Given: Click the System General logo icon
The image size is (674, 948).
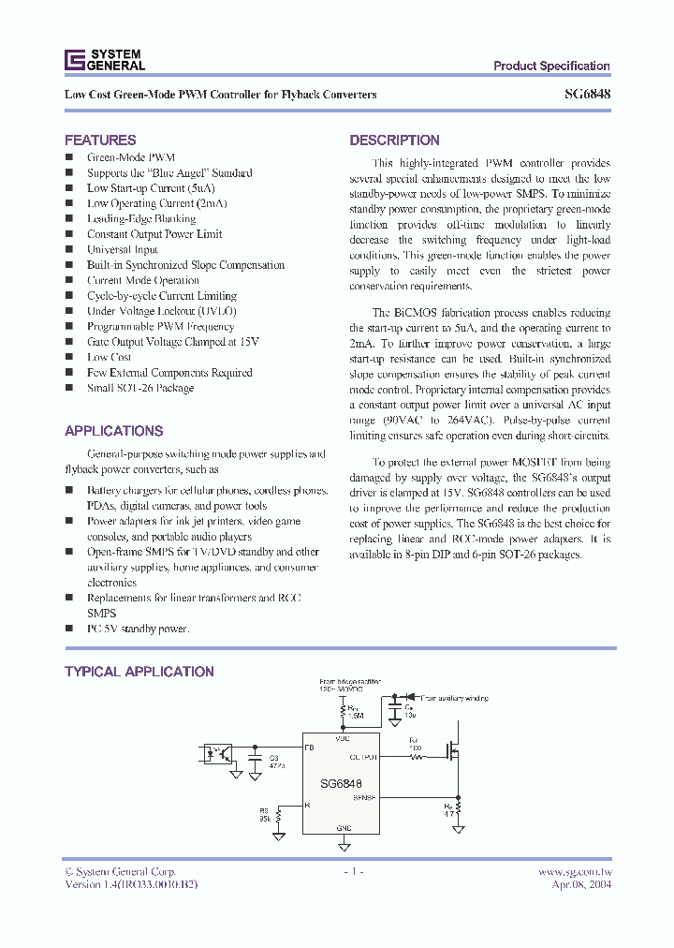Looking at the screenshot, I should pos(74,60).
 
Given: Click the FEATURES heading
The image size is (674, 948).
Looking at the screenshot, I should pos(100,140).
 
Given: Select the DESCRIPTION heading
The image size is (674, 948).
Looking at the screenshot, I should pos(394,140).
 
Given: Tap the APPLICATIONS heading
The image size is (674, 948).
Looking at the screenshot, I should pos(113,431).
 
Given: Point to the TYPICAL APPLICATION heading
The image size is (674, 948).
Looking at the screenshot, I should pos(139,672).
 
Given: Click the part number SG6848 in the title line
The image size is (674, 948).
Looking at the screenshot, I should pos(588,95).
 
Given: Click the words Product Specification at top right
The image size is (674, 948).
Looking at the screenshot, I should pos(551,66).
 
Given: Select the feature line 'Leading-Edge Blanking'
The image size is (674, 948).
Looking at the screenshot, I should pos(140,218).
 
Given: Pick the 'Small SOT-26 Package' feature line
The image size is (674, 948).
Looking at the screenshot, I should pos(140,388).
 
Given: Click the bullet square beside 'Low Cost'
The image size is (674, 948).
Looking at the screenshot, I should pos(68,357).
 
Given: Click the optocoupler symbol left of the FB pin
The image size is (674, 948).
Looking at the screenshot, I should pos(217,751).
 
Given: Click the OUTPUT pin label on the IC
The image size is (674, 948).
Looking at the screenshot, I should pos(362,756).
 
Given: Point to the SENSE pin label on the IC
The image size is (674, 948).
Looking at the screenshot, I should pos(364,798).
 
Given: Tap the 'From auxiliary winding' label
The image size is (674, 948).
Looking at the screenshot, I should pos(452,698).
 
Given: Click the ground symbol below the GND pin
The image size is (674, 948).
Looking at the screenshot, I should pos(344,845).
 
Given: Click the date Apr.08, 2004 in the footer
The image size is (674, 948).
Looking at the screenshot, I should pos(581,884).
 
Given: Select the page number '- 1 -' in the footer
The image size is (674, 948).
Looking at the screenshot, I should pos(351,871).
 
